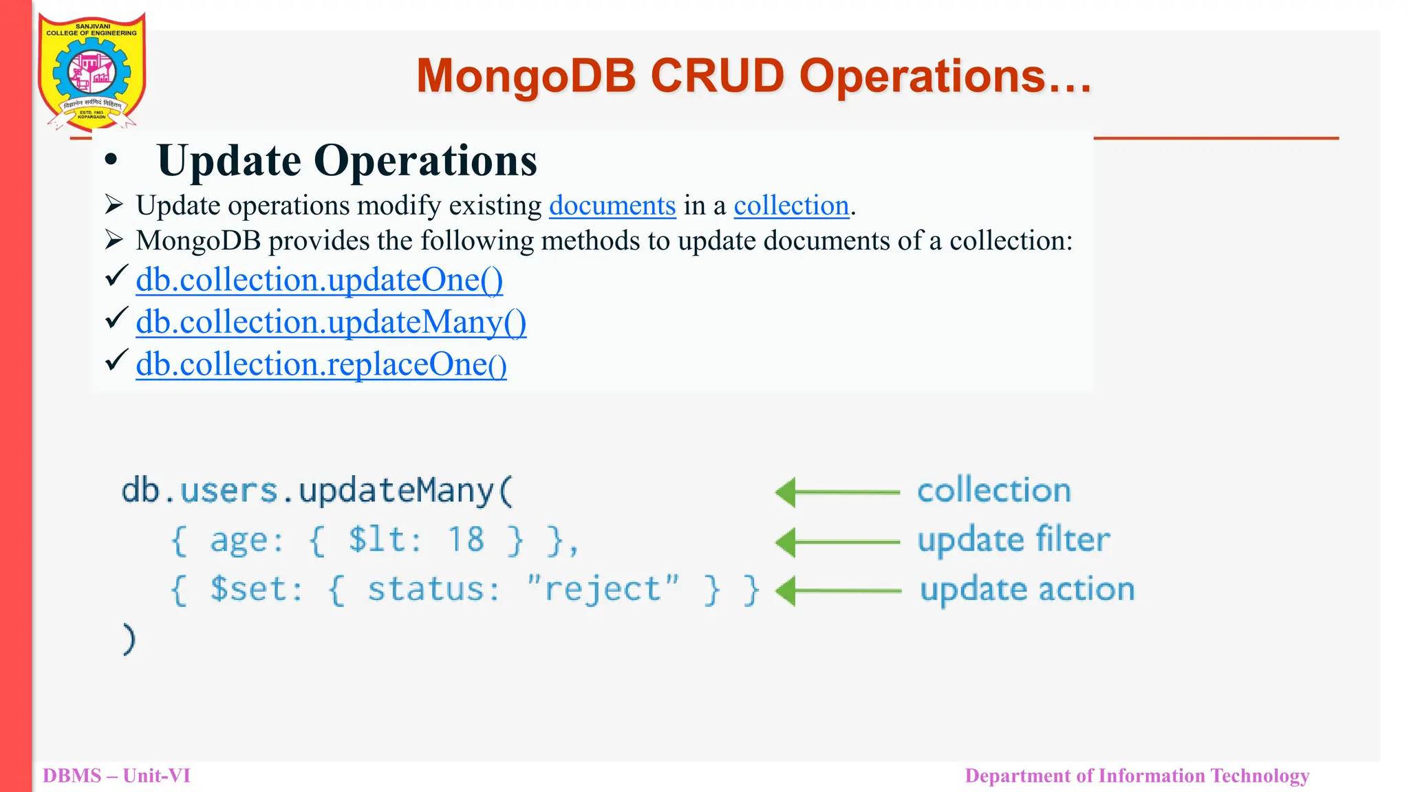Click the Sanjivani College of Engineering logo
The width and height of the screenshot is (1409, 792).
pos(92,71)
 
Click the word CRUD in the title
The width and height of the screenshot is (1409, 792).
pos(717,76)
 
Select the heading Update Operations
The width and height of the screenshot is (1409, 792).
pos(347,161)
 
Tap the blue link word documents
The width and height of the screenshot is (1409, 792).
pos(612,206)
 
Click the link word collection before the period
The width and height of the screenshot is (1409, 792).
pos(791,206)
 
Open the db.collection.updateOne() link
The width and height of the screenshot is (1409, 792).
pos(319,280)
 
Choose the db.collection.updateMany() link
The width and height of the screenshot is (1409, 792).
pos(331,322)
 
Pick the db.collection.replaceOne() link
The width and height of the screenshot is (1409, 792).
pos(321,364)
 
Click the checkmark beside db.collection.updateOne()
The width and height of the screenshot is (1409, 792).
pos(116,276)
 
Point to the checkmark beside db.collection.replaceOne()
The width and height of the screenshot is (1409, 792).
pos(116,360)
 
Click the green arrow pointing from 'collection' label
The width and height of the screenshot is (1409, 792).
pos(837,492)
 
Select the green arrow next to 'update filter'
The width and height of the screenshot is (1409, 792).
pos(837,542)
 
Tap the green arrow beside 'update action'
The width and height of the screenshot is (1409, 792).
pos(837,591)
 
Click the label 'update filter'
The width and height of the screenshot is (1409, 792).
pos(1013,540)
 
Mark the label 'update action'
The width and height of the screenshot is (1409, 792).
pos(1027,590)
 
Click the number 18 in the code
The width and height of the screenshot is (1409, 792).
pos(466,540)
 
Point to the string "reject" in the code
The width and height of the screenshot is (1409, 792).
pos(603,589)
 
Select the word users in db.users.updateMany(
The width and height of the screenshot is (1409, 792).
pos(228,491)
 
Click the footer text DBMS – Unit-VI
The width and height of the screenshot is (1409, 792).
pos(116,775)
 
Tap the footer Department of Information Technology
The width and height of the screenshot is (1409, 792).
pos(1137,775)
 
